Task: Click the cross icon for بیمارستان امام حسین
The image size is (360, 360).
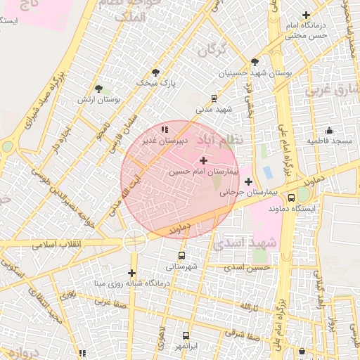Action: click(x=204, y=161)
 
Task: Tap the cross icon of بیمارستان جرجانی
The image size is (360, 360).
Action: click(x=248, y=181)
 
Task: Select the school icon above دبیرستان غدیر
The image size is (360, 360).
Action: click(x=165, y=129)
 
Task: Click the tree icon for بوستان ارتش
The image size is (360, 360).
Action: click(x=100, y=89)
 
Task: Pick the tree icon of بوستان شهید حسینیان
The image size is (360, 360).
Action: click(x=255, y=62)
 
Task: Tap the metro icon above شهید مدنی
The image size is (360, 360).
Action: click(x=214, y=99)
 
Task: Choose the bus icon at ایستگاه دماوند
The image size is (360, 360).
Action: click(x=292, y=199)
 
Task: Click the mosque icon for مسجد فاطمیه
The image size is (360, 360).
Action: click(x=329, y=131)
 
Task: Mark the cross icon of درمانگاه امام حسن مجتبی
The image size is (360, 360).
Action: click(x=305, y=15)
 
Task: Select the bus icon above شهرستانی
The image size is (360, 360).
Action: click(x=182, y=256)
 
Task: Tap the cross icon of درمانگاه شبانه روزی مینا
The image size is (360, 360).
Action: click(x=131, y=273)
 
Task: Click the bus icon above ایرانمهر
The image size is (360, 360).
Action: click(x=186, y=336)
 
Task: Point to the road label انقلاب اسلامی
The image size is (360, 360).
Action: click(x=57, y=244)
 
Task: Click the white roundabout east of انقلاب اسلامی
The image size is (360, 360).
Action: click(x=134, y=241)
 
